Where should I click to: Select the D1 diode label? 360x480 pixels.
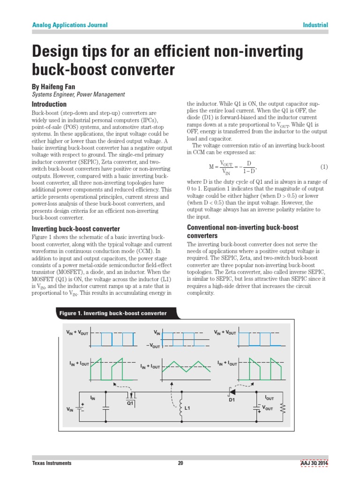pos(232,400)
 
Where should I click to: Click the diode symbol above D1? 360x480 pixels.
pos(232,391)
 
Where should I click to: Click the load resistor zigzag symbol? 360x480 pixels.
pos(282,409)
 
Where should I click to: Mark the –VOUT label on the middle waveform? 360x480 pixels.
pos(154,346)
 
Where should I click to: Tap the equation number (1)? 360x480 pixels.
pos(324,167)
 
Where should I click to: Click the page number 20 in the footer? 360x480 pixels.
pos(180,463)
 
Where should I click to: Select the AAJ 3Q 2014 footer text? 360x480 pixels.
pos(314,463)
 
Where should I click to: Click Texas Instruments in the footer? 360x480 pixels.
pos(52,463)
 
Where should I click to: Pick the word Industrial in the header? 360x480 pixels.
pos(315,25)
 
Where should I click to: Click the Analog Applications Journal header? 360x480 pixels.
pos(69,25)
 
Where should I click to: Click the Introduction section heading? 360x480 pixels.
pos(49,104)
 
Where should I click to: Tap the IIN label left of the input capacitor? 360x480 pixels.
pos(92,398)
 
